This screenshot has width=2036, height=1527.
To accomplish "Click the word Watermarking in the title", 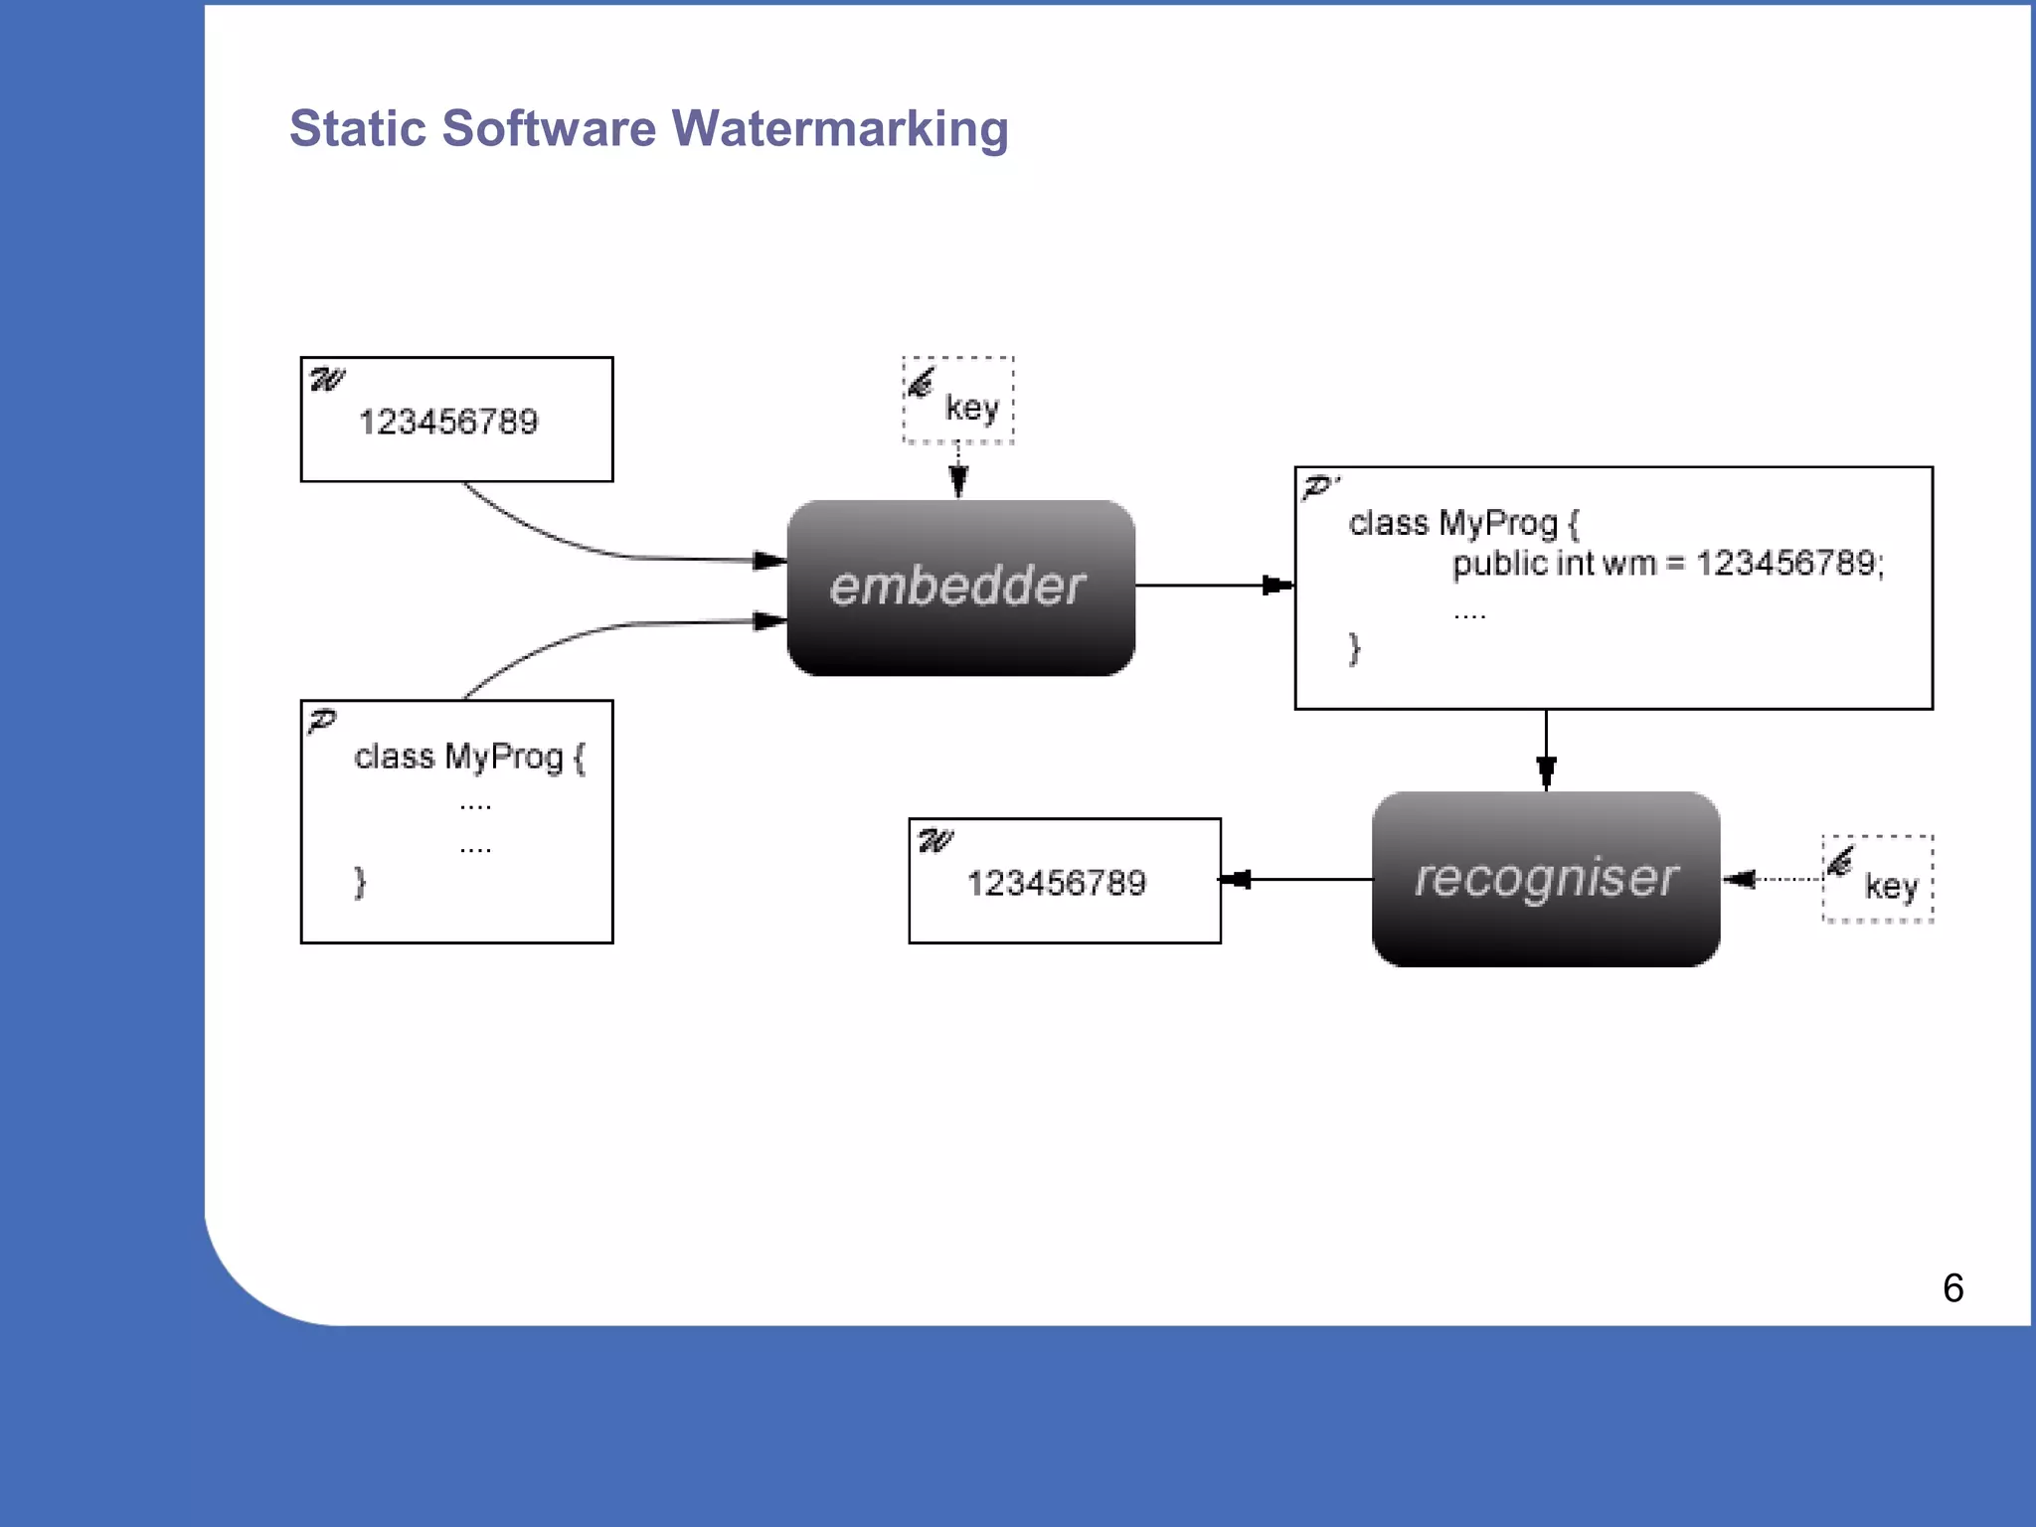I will pyautogui.click(x=840, y=128).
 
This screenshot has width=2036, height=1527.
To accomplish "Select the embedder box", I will pyautogui.click(x=960, y=588).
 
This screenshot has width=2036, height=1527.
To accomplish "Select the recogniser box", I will pyautogui.click(x=1546, y=879).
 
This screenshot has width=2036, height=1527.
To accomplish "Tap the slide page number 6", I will pyautogui.click(x=1952, y=1288).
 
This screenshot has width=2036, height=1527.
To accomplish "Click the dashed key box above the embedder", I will pyautogui.click(x=958, y=401).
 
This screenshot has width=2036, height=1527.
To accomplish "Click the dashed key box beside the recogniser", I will pyautogui.click(x=1877, y=879).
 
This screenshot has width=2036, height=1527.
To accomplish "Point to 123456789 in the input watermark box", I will pyautogui.click(x=448, y=422).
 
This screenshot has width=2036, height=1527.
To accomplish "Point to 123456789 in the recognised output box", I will pyautogui.click(x=1057, y=883).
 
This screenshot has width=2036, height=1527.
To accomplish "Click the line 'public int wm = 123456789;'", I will pyautogui.click(x=1668, y=564).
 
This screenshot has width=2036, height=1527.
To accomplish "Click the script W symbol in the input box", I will pyautogui.click(x=327, y=380).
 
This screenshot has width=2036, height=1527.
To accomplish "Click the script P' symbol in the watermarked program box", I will pyautogui.click(x=1320, y=487).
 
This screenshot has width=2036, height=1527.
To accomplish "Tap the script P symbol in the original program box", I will pyautogui.click(x=322, y=721).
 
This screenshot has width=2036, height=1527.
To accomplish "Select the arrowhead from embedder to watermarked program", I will pyautogui.click(x=1277, y=586).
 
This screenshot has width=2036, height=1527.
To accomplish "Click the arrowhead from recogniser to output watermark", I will pyautogui.click(x=1235, y=879).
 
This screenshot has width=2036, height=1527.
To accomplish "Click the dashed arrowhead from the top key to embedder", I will pyautogui.click(x=958, y=482).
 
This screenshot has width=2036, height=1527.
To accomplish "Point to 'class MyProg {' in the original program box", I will pyautogui.click(x=469, y=757).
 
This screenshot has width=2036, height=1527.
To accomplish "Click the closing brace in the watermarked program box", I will pyautogui.click(x=1354, y=648).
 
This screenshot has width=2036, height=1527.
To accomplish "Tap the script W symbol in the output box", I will pyautogui.click(x=935, y=841).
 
